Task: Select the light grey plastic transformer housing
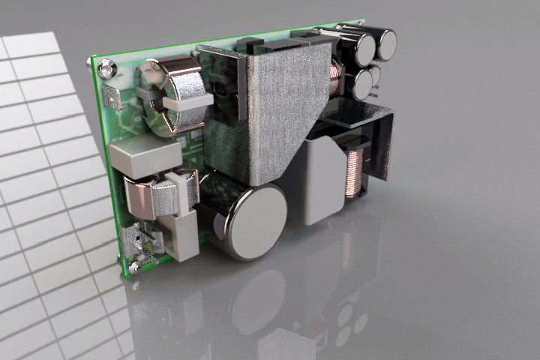click(322, 180)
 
